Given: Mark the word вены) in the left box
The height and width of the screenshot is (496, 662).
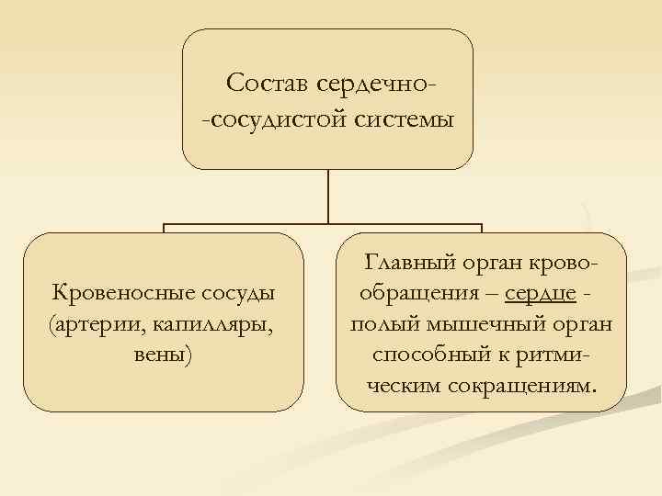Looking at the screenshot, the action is [163, 355].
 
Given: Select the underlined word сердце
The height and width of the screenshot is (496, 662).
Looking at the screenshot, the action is [541, 295].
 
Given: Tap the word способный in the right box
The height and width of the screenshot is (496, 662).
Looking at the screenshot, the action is [428, 355].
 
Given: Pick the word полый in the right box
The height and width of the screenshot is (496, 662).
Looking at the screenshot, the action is [381, 325].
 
